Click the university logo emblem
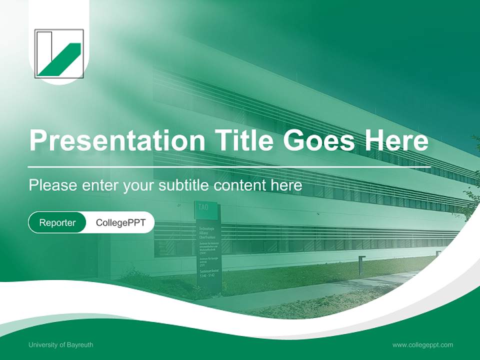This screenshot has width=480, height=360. coord(59,53)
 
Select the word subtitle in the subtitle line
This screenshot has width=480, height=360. coord(184,185)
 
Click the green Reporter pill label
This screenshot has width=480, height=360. coord(57,222)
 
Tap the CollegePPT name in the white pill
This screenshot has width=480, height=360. coord(120,222)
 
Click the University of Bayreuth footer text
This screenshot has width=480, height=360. coord(60,344)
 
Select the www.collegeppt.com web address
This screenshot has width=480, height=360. coord(422,344)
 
